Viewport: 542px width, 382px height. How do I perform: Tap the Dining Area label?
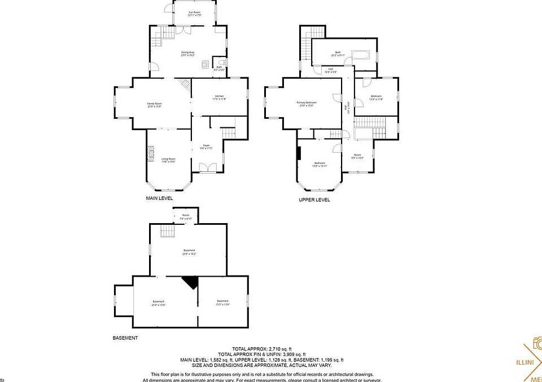(x=188, y=54)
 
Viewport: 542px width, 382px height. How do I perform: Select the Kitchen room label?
(x=219, y=97)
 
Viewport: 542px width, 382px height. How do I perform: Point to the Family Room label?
(x=155, y=105)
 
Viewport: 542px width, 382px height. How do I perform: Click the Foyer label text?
(x=206, y=146)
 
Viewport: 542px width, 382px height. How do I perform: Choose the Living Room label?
(x=168, y=160)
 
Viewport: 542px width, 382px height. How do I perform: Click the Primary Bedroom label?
(x=307, y=104)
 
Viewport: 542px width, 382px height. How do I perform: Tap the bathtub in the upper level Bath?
(x=360, y=55)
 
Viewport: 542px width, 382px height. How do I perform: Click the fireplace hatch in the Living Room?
(x=150, y=154)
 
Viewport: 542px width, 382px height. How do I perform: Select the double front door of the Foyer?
(x=207, y=167)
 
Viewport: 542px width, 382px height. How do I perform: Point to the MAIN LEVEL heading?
(x=159, y=199)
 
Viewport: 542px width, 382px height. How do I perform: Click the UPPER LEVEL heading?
(x=314, y=200)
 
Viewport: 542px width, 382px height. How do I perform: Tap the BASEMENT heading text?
(x=125, y=338)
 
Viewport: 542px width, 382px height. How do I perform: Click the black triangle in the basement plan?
(x=190, y=282)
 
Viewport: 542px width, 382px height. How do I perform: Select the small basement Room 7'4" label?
(x=186, y=217)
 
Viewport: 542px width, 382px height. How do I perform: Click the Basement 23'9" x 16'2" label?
(x=189, y=252)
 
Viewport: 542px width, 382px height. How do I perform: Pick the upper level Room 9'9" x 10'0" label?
(x=357, y=156)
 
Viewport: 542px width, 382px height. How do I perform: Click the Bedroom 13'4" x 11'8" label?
(x=377, y=97)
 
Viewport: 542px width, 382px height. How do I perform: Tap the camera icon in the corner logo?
(x=537, y=344)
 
